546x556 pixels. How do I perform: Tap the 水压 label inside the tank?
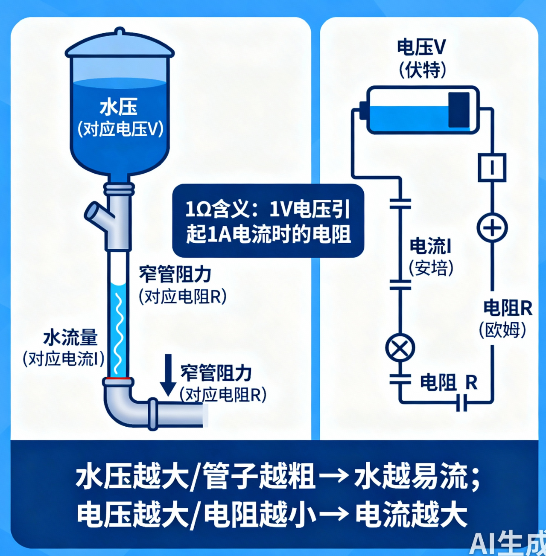(118, 108)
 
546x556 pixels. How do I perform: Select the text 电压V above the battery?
(421, 47)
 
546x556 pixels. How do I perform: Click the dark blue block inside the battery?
(458, 110)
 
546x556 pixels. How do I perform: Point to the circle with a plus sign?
(492, 227)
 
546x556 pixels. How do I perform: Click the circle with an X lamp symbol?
(400, 347)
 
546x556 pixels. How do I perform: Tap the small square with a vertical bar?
(492, 167)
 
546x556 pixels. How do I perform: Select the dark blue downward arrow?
(168, 375)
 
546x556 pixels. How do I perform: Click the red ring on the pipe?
(118, 378)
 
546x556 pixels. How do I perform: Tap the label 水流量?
(71, 338)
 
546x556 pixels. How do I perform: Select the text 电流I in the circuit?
(430, 246)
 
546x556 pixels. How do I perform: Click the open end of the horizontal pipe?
(205, 415)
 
